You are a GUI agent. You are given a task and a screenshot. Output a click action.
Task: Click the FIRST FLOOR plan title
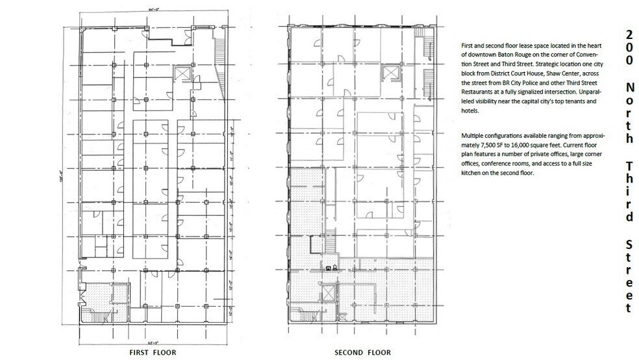tap(155, 352)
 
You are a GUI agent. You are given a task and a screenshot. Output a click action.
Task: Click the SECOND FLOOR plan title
tap(362, 352)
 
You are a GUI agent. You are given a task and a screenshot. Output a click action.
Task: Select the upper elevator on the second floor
tap(392, 71)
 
